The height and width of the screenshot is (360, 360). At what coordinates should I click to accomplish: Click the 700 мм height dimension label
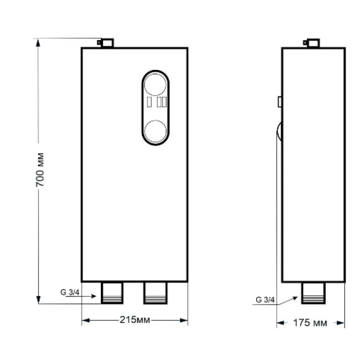tap(40, 169)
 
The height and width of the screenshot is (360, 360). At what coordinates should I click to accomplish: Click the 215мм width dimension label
tap(135, 320)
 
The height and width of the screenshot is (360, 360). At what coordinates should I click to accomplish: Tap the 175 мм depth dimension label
tap(310, 323)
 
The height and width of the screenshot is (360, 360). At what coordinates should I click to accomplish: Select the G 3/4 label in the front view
tap(70, 292)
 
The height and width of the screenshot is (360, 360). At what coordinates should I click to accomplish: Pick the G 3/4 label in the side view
tap(265, 300)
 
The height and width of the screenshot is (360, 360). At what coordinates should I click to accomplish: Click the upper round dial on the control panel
tap(155, 84)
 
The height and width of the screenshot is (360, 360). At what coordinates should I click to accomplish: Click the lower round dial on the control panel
tap(155, 131)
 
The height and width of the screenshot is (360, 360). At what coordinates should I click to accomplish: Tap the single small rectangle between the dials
tap(149, 102)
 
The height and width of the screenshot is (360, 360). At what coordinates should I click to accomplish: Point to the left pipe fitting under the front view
tap(112, 293)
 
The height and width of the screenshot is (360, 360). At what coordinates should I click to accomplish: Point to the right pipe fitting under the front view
tap(155, 293)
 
